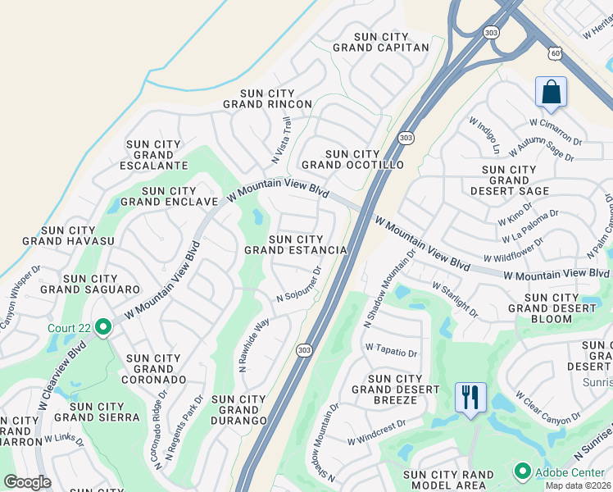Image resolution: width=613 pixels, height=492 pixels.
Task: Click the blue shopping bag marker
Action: point(551,93)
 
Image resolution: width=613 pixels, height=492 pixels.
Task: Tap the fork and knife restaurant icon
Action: point(470,398)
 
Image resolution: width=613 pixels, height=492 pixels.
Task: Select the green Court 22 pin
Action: point(103,328)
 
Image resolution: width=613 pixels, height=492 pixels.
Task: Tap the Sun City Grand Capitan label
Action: point(381,42)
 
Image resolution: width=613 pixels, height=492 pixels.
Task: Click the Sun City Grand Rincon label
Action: point(268,98)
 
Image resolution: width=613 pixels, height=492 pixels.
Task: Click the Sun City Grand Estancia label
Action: point(296,244)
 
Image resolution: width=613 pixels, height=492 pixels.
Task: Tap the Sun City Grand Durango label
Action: point(238,409)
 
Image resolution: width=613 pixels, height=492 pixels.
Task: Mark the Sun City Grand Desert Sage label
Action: point(510,180)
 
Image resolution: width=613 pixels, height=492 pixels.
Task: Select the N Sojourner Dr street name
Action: point(299,284)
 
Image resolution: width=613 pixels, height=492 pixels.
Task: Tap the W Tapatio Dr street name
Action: point(391,351)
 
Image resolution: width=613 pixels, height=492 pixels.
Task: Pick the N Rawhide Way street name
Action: point(254,346)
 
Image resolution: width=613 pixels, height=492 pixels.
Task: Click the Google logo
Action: point(27,482)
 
